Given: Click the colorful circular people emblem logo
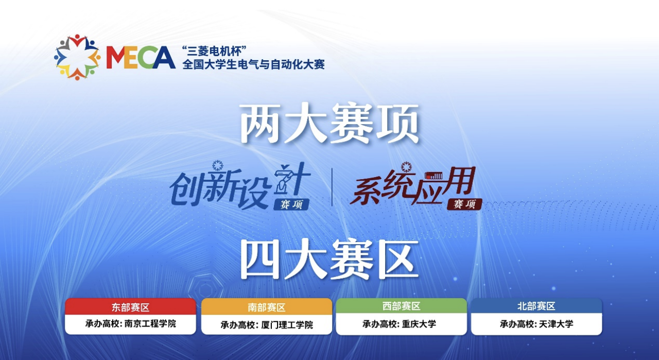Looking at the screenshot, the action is point(77,57).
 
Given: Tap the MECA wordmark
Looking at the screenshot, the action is point(141,57).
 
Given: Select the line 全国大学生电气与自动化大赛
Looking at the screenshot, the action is point(253,64).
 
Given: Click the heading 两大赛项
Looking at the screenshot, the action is point(330,123).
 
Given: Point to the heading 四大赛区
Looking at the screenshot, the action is point(330,260).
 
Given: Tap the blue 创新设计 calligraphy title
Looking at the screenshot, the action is point(240,185).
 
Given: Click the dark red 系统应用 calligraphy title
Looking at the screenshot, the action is point(415,186).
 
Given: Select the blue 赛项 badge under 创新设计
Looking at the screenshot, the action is point(291,204).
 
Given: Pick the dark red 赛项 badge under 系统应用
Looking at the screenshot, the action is point(464,204).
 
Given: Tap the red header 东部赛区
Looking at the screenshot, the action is point(131,307).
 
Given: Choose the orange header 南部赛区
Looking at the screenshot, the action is point(267,307).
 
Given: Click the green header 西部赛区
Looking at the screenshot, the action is point(401,306).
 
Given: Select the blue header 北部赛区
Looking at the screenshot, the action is point(536,306).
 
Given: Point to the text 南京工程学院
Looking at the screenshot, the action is point(150,323).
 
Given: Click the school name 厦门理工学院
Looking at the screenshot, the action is point(287,325).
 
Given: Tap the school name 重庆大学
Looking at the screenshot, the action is point(419,324).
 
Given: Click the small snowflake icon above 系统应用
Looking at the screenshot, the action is point(406,167).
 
